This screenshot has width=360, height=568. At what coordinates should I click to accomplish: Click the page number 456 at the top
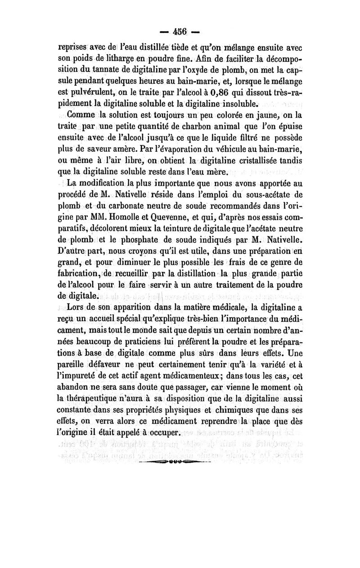(180, 33)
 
